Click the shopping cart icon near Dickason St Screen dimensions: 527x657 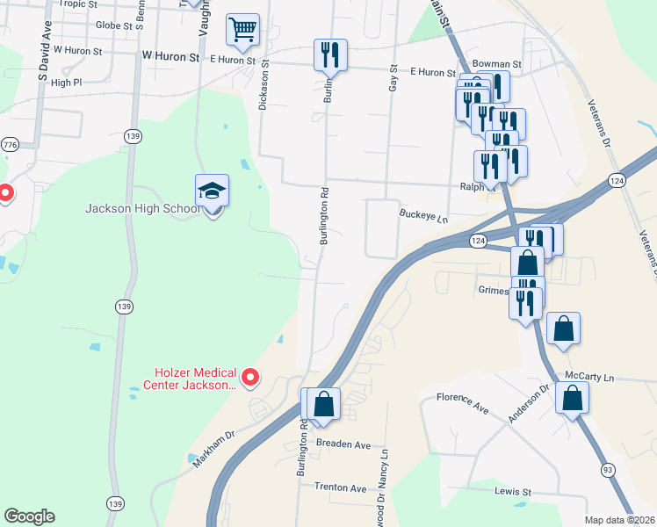(x=243, y=29)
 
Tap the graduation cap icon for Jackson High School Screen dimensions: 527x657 (x=211, y=191)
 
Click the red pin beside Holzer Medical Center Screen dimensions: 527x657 (x=250, y=378)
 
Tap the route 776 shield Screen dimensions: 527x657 (x=10, y=144)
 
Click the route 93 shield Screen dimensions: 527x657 (x=607, y=472)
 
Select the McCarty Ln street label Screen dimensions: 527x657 (x=588, y=376)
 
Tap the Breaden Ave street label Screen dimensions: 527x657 (x=343, y=444)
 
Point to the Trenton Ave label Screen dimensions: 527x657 (x=340, y=487)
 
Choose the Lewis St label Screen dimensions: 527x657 (x=514, y=491)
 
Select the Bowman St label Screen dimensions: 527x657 (x=496, y=64)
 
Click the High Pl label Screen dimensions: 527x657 (x=66, y=83)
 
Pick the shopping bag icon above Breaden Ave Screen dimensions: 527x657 (x=324, y=404)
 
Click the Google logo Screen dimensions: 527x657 (x=29, y=516)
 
